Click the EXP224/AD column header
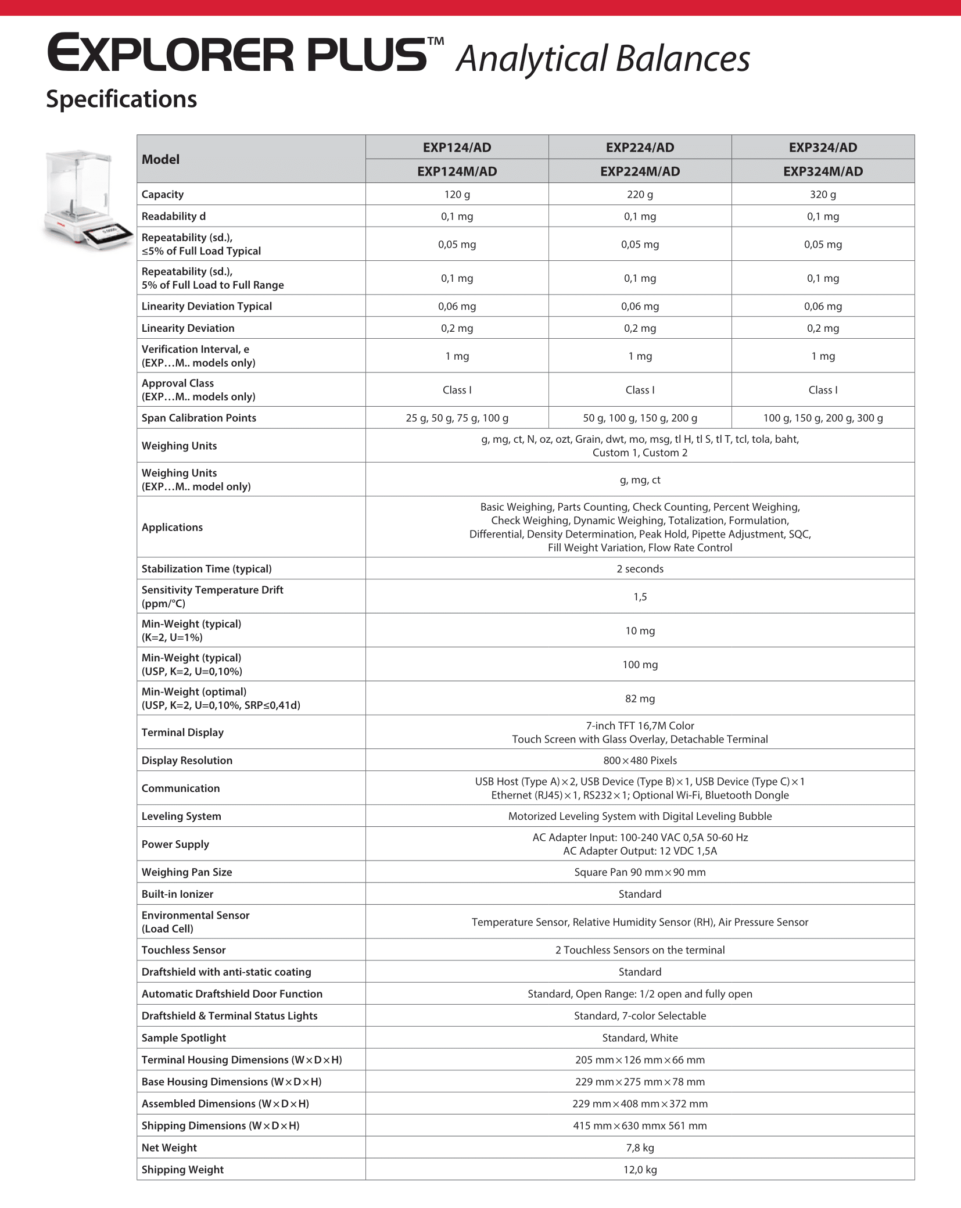click(x=640, y=148)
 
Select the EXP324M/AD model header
click(x=823, y=171)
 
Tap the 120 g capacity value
click(x=457, y=195)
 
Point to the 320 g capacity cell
click(x=823, y=195)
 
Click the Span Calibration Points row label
click(x=199, y=418)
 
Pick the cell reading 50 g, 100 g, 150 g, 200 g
click(x=640, y=418)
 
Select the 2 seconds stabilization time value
click(x=640, y=569)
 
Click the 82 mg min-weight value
click(x=640, y=698)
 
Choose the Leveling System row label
click(x=181, y=816)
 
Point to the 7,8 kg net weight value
click(x=640, y=1148)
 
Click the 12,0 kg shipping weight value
click(x=640, y=1170)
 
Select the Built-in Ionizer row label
click(x=177, y=894)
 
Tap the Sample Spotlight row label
click(x=184, y=1038)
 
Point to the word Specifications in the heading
click(x=121, y=99)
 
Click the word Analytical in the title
click(x=532, y=59)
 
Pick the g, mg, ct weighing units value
click(x=640, y=480)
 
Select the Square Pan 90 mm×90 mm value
click(x=640, y=872)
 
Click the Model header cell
click(x=161, y=159)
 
